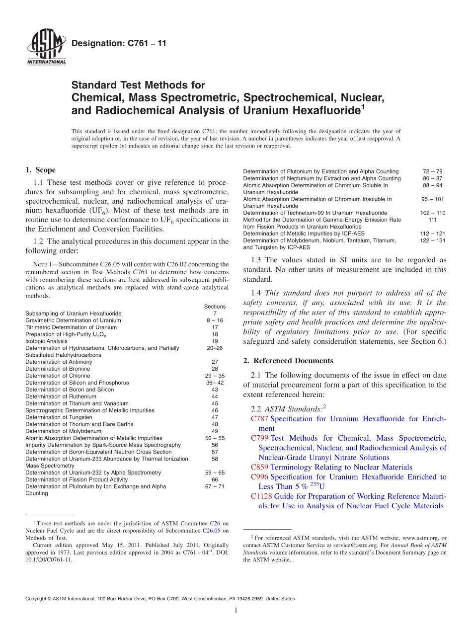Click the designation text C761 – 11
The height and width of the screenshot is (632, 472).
pos(119,44)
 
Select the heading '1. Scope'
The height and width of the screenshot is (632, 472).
pos(40,170)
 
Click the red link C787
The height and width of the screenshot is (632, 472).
pos(259,419)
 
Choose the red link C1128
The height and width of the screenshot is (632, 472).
pos(261,496)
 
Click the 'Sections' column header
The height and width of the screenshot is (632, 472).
pos(215,307)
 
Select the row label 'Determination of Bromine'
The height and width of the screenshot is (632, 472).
pos(58,369)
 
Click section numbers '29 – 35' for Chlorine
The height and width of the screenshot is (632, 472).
pos(215,376)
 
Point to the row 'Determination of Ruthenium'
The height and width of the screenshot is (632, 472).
pos(61,396)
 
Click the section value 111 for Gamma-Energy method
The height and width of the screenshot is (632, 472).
pos(432,220)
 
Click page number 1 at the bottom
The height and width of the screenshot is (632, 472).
pos(236,611)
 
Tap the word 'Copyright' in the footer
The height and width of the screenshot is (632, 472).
pos(37,599)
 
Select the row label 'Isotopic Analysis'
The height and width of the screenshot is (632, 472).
pos(46,341)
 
